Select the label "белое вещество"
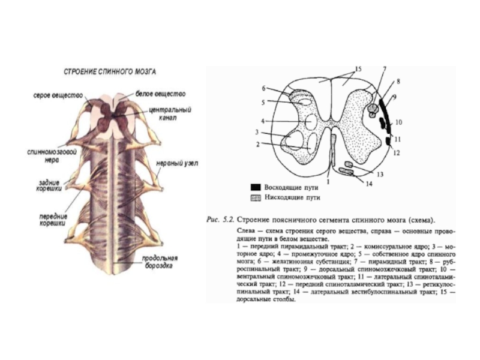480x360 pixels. coord(160,94)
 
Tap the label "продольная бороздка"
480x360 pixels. coord(158,262)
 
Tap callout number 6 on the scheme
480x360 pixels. coord(263,88)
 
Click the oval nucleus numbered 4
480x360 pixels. coord(310,122)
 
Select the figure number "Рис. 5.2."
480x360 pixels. coord(221,220)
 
